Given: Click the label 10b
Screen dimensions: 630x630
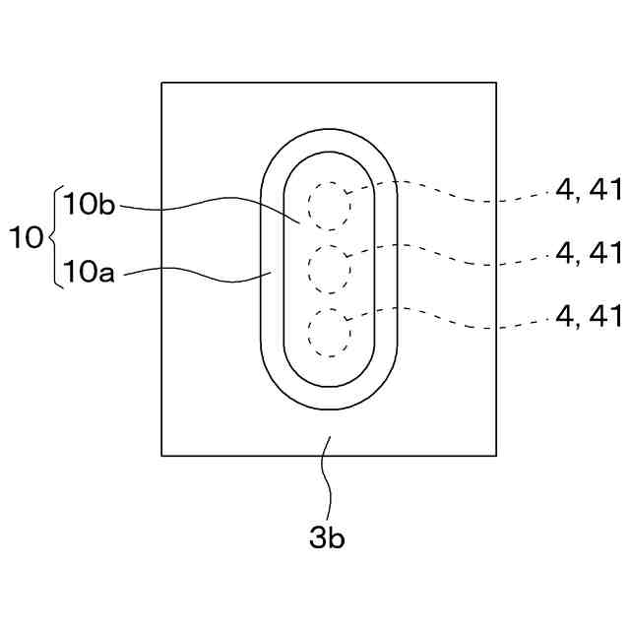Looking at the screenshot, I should [90, 205].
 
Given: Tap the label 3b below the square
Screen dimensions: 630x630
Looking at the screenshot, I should [327, 538].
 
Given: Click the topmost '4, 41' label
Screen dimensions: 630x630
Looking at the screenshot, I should [589, 191].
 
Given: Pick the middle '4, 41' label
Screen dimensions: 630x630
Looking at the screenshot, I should [589, 253].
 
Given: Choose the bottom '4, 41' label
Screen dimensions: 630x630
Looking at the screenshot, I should [589, 315].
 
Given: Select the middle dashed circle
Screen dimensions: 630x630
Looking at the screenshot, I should [329, 269].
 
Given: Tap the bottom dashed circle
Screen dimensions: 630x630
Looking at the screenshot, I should [329, 332].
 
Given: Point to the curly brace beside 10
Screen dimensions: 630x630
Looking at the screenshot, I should [53, 237].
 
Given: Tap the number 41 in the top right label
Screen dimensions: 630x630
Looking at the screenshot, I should [604, 191].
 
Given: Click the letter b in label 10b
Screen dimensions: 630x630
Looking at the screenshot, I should [107, 205].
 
